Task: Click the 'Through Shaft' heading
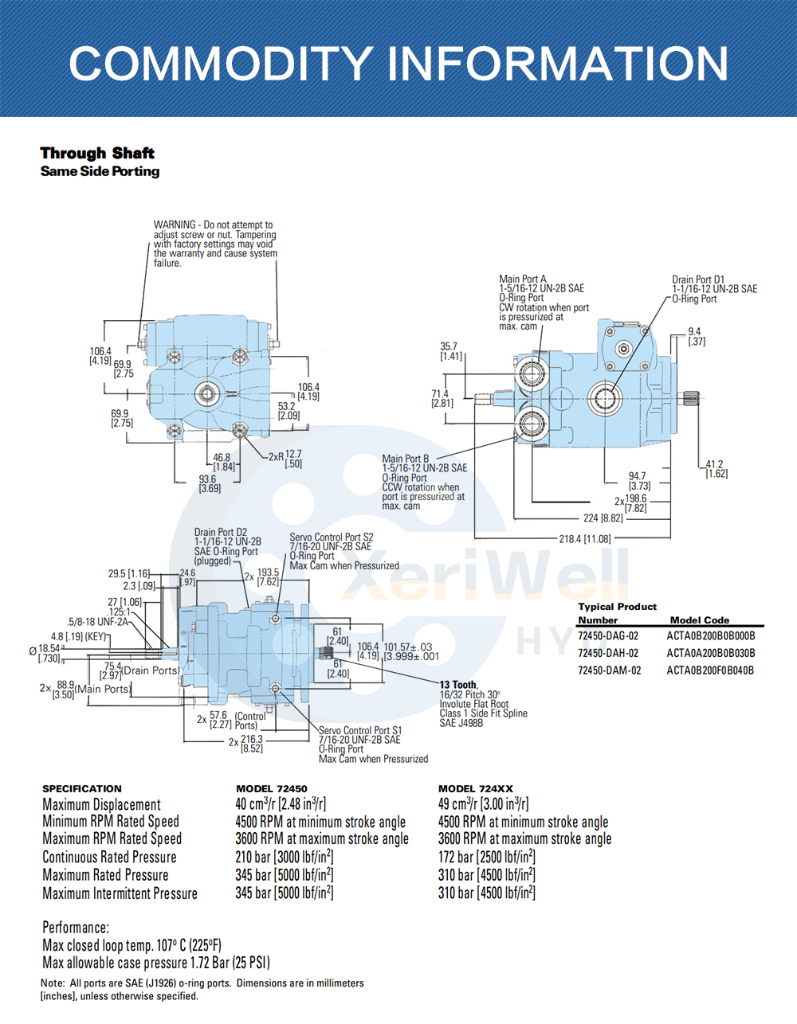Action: (x=97, y=153)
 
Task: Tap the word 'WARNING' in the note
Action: (x=175, y=225)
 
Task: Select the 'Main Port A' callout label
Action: (x=523, y=279)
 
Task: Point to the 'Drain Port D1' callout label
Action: (x=698, y=279)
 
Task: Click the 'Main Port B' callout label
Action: (x=406, y=459)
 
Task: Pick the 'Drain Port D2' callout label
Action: (x=221, y=532)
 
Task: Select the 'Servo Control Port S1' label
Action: (x=360, y=730)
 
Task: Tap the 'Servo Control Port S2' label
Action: (x=332, y=537)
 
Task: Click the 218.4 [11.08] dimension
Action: (x=585, y=539)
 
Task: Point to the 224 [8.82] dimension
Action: (x=603, y=518)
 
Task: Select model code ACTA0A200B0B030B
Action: (x=710, y=653)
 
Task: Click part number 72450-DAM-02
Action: (x=609, y=670)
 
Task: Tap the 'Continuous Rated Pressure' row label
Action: (x=109, y=858)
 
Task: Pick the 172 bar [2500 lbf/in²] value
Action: (x=486, y=858)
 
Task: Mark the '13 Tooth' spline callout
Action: (x=458, y=685)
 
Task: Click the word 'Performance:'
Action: (x=76, y=928)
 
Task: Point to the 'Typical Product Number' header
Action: (x=617, y=612)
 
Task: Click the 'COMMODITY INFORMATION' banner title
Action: (x=398, y=64)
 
